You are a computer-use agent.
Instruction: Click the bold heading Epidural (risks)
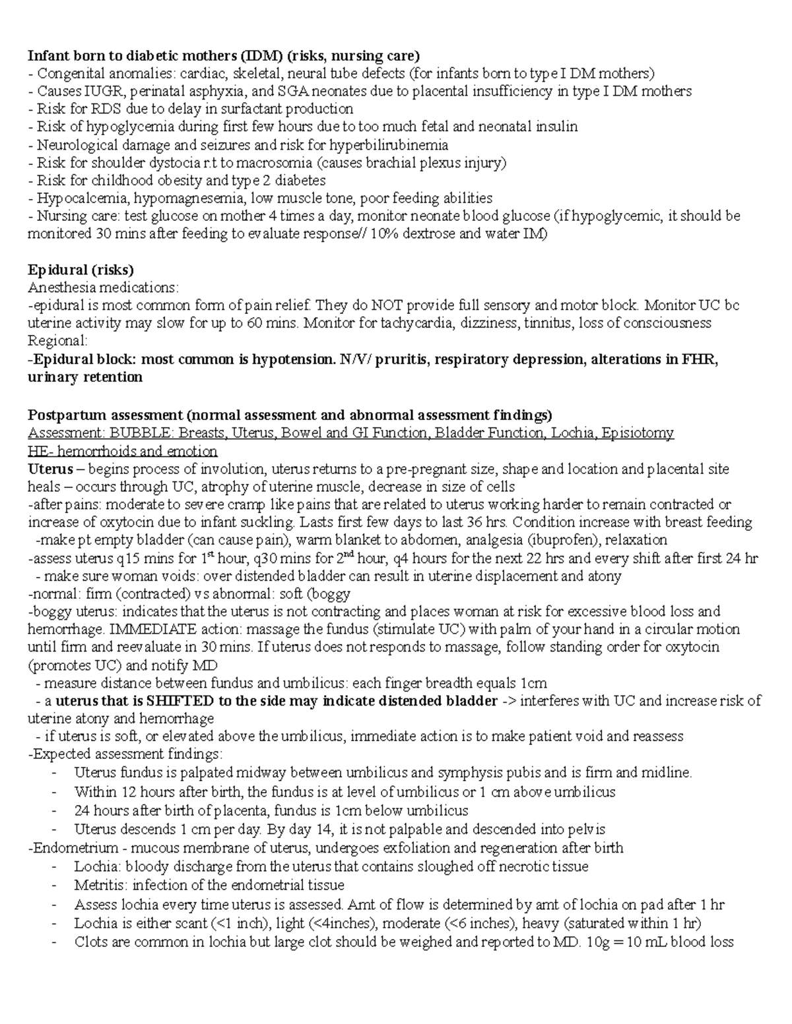click(81, 270)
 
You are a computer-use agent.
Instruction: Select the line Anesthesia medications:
click(102, 287)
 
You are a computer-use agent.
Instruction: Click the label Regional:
click(57, 341)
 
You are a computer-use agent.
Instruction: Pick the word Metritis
click(100, 885)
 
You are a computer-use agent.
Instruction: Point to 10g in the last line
click(595, 942)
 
